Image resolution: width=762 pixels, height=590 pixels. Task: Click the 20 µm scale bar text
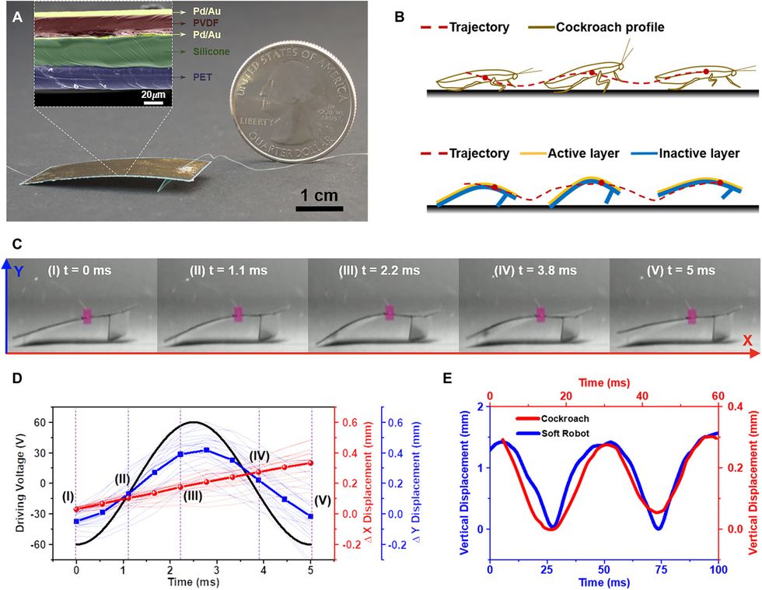pos(154,94)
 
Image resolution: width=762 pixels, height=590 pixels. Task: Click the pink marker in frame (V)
pos(690,316)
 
